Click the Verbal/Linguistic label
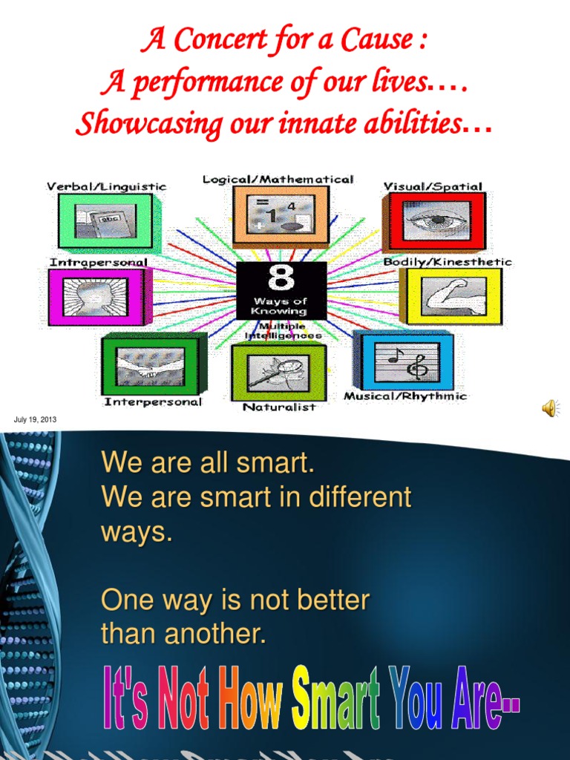107,187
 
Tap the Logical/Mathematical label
278,180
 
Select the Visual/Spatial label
433,186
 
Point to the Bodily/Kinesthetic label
448,262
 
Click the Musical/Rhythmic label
405,396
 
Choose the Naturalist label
279,407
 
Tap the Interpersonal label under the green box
153,402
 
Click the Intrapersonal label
99,262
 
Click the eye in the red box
436,220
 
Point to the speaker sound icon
550,407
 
